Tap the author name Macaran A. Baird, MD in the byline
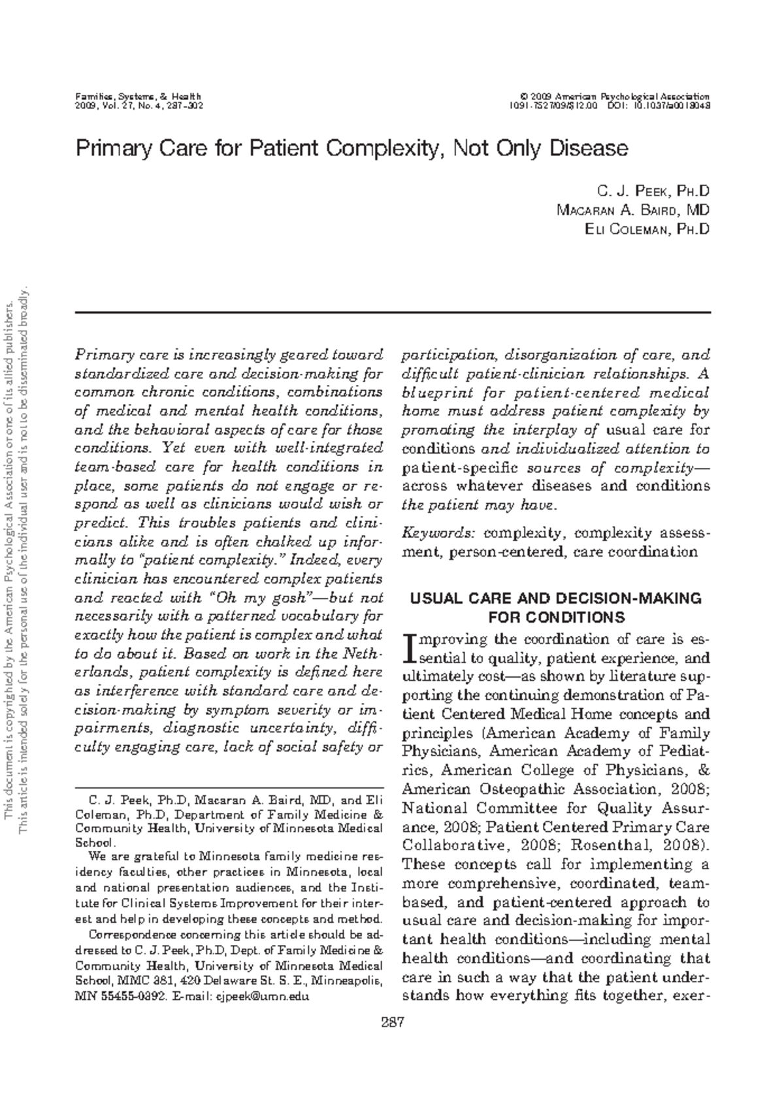632,210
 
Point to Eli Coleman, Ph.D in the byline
647,229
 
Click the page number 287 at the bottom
392,1021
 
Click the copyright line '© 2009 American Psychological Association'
613,97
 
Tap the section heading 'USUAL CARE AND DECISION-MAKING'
555,598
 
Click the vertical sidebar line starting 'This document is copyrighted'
9,562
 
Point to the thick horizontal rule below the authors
392,313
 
